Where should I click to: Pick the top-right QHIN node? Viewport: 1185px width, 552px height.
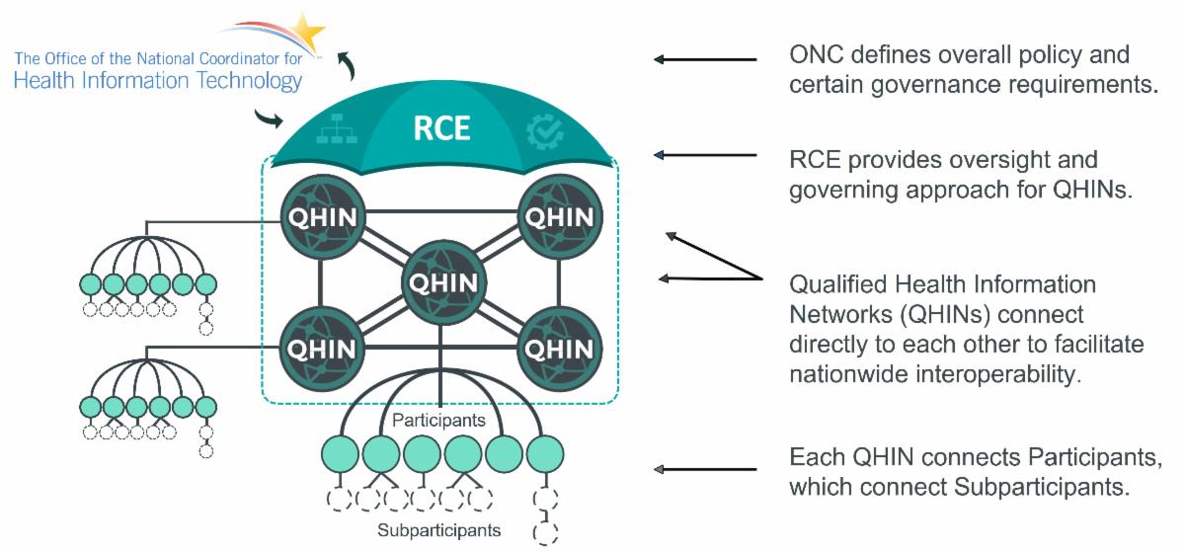coord(560,216)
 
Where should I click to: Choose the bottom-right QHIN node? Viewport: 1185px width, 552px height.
coord(560,348)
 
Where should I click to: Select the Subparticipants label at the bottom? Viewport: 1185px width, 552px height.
coord(438,530)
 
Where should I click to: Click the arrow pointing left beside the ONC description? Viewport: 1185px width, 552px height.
coord(705,60)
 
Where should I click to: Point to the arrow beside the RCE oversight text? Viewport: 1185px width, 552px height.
coord(705,155)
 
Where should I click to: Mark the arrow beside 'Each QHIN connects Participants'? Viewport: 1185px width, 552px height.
coord(705,469)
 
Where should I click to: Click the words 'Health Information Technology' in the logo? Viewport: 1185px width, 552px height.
coord(158,81)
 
